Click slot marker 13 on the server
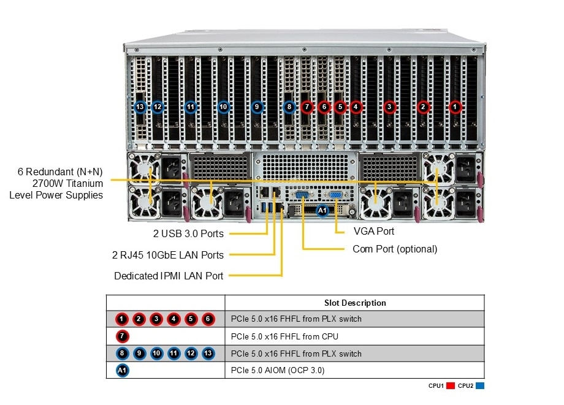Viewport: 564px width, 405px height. coord(140,107)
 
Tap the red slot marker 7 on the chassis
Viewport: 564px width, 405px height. coord(307,107)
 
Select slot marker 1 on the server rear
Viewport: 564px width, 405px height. coord(454,107)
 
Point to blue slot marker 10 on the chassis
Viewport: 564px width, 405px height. coord(223,107)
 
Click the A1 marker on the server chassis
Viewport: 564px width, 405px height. coord(322,210)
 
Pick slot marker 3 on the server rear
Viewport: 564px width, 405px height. coord(389,107)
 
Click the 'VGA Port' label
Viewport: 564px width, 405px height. coord(374,232)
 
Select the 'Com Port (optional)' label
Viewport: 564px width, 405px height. coord(395,249)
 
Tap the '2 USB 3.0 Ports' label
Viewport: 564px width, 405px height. coord(188,233)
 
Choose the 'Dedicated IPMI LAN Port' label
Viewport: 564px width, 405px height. coord(169,276)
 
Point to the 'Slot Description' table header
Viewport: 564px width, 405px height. coord(355,303)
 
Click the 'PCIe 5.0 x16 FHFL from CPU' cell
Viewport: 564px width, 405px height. coord(284,336)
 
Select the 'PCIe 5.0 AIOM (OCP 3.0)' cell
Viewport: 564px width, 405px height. coord(278,370)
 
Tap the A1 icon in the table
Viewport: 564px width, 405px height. coord(123,370)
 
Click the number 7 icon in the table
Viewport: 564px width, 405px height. coord(123,336)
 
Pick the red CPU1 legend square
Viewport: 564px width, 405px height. coord(451,385)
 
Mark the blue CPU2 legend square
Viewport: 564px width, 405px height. coord(480,385)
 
